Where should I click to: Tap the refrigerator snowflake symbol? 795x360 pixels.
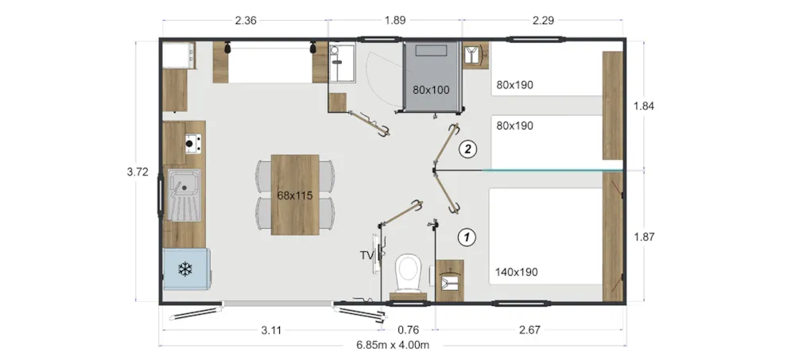pos(185,269)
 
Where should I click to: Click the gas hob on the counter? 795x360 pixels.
pos(192,144)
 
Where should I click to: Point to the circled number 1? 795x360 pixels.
pos(467,237)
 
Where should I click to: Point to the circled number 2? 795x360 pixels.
pos(467,149)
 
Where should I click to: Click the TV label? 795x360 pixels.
pos(366,256)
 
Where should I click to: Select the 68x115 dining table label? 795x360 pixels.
pos(295,195)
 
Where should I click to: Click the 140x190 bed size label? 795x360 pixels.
pos(516,273)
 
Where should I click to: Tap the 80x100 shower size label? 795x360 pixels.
pos(431,91)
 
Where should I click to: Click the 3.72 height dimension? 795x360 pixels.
pos(138,172)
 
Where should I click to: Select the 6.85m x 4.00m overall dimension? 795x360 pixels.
pos(393,345)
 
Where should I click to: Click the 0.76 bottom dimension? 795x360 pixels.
pos(408,331)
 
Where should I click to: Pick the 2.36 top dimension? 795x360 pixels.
pos(246,21)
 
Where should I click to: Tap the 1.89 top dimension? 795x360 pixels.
pos(395,21)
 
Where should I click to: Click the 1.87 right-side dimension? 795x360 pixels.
pos(644,237)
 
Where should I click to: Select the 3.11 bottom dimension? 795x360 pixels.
pos(271,331)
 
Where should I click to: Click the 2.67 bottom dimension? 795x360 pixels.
pos(529,331)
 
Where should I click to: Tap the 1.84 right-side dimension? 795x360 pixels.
pos(644,106)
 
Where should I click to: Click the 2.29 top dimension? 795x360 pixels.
pos(543,21)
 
